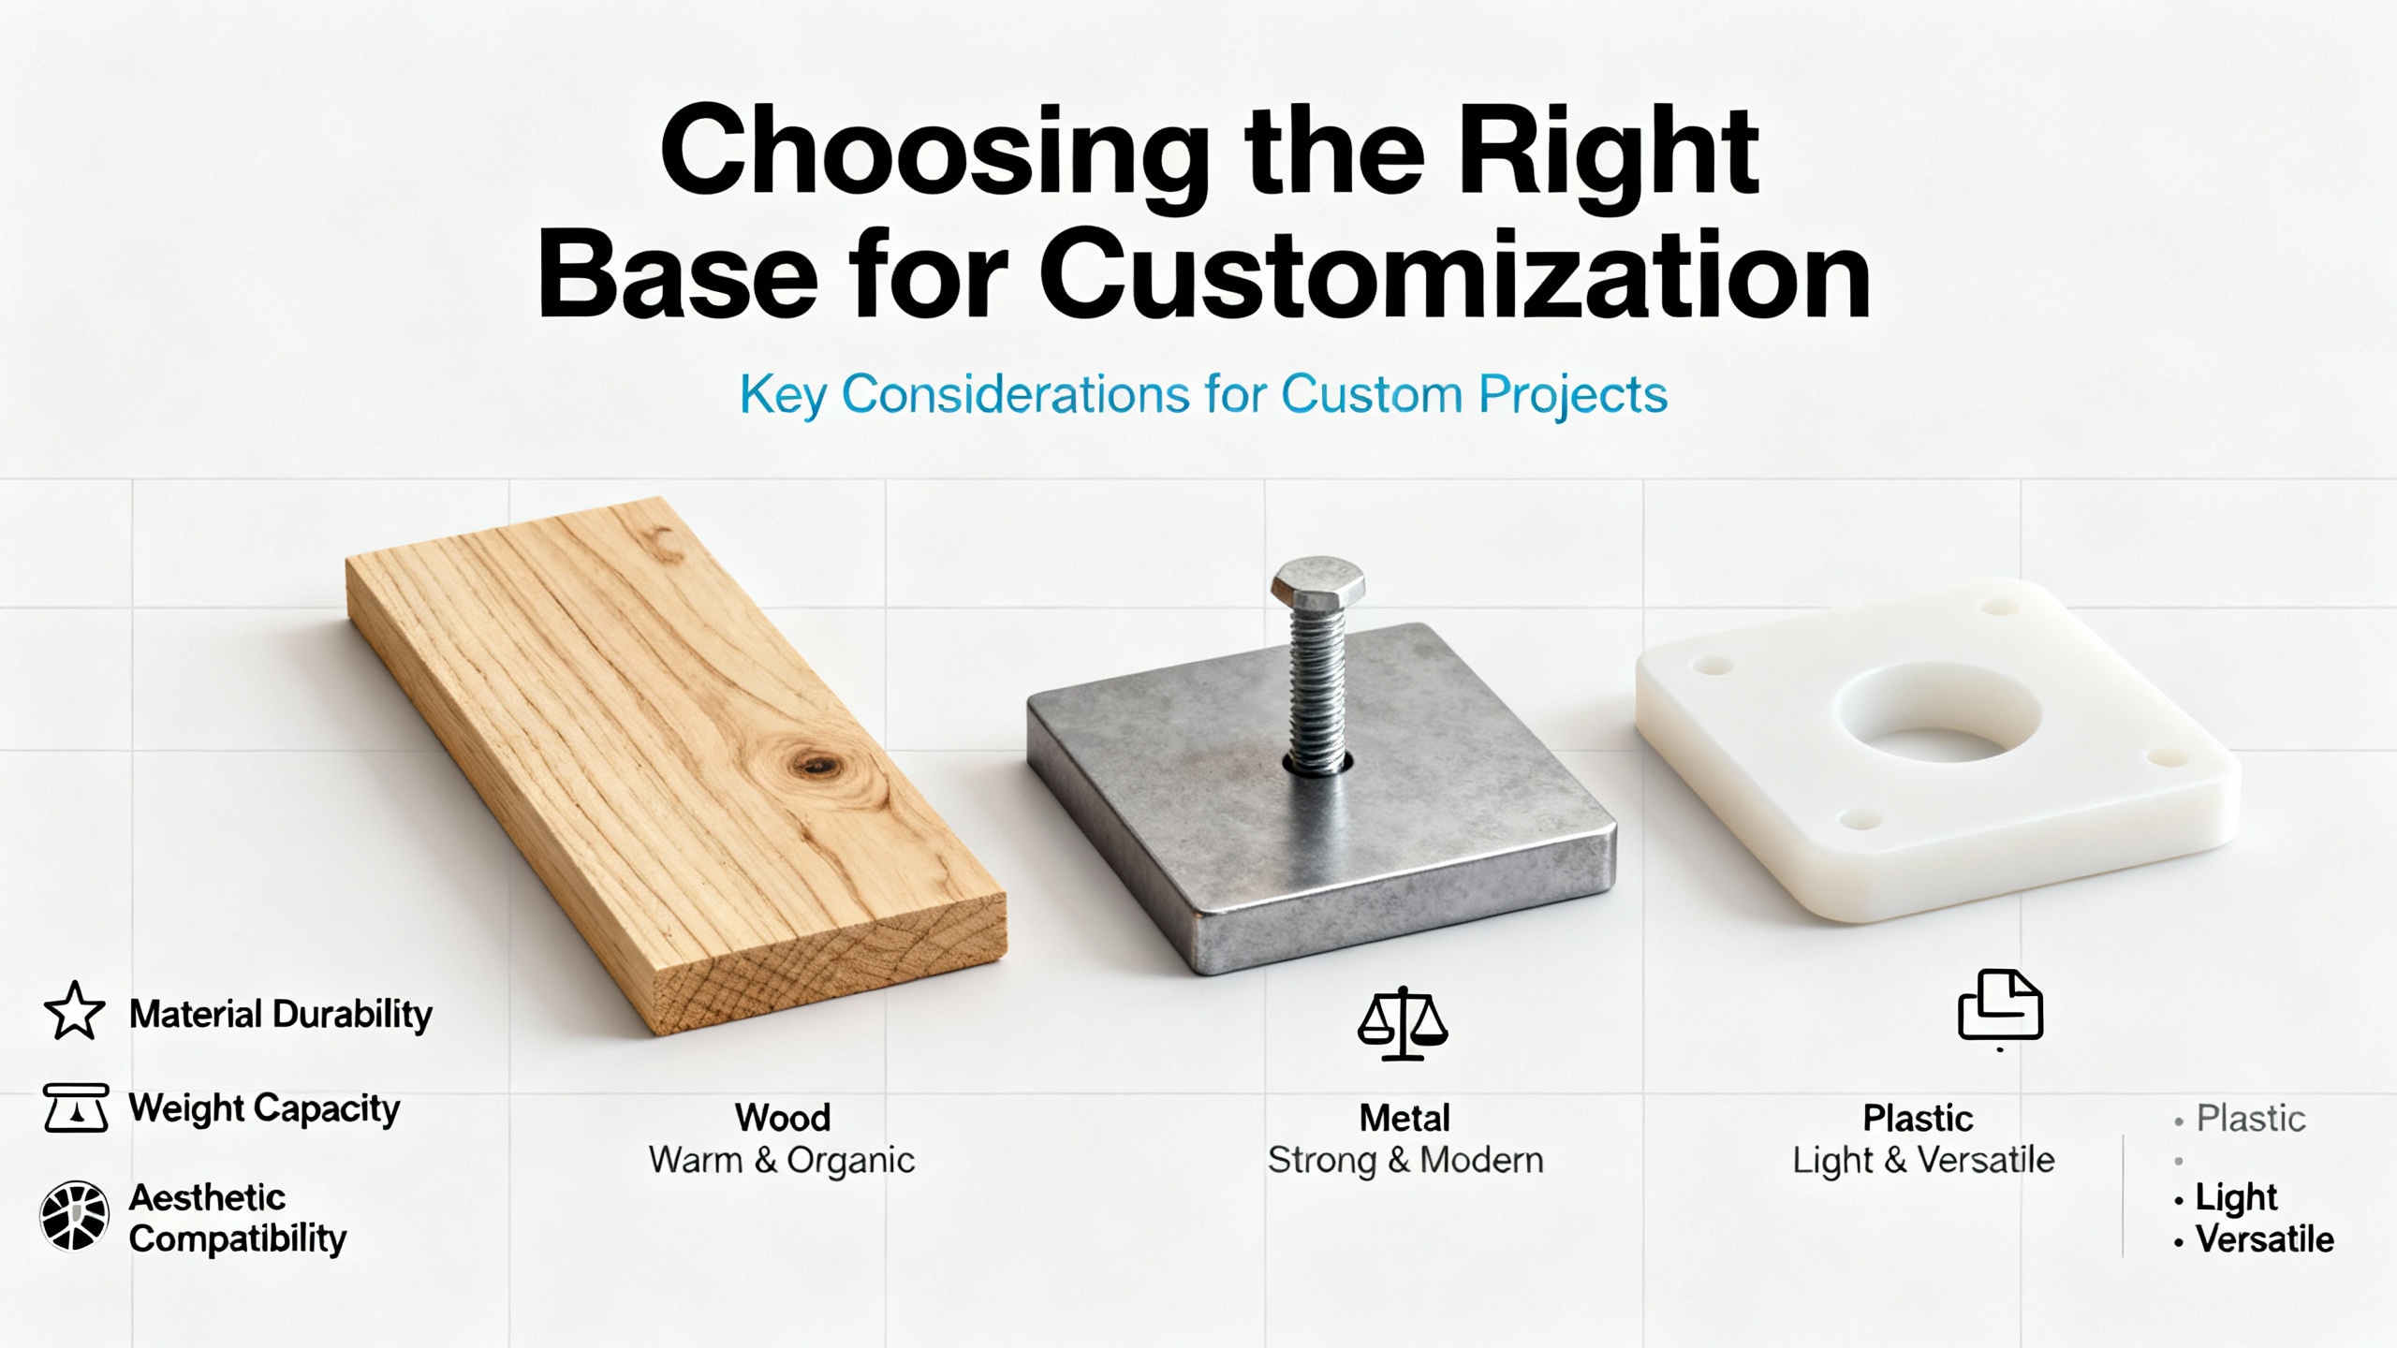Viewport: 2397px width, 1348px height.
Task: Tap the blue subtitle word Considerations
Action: point(1015,394)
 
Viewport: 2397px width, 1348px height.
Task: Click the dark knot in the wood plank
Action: point(816,766)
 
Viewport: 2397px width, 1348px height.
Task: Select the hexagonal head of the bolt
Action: point(1316,582)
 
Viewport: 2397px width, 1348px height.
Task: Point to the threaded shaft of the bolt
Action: point(1317,690)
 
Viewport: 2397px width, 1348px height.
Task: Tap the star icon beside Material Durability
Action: point(74,1011)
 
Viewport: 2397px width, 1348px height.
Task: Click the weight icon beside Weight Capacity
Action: point(76,1107)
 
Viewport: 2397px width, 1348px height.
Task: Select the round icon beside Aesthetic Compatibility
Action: point(74,1216)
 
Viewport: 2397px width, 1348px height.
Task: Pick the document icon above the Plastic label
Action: point(2000,1006)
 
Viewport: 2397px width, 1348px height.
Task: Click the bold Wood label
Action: point(782,1118)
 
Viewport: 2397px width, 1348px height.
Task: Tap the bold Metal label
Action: point(1404,1118)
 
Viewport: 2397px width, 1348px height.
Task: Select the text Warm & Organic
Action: point(782,1161)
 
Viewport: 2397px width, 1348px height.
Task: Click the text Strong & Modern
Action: point(1405,1161)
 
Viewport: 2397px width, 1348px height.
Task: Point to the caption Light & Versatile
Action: point(1923,1161)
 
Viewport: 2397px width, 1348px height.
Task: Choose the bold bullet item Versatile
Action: point(2264,1239)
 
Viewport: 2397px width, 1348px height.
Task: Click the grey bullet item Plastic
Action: point(2251,1119)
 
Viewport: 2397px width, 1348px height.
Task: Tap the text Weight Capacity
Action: point(264,1109)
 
